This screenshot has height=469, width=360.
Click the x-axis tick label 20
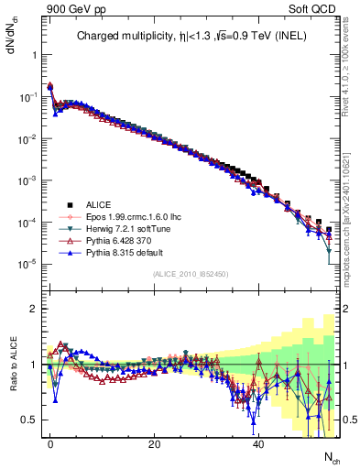(154, 443)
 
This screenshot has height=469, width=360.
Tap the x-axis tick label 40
(258, 443)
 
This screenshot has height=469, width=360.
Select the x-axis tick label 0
(50, 443)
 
